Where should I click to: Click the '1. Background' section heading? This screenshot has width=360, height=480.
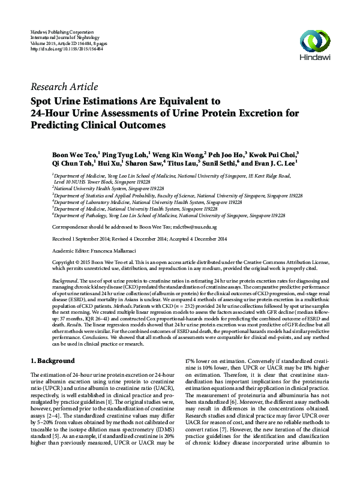[x=52, y=361]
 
